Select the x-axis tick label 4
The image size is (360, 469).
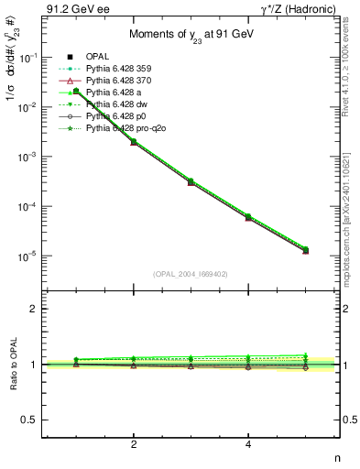pyautogui.click(x=248, y=444)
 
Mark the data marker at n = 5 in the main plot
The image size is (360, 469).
pyautogui.click(x=305, y=250)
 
